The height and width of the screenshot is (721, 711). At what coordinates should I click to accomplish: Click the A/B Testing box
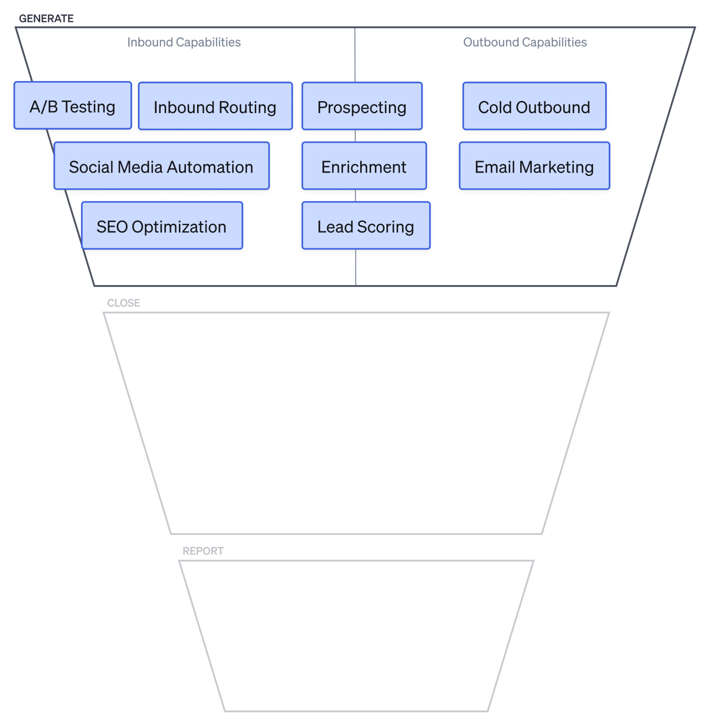point(73,105)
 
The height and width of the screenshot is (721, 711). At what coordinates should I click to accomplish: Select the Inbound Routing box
point(215,106)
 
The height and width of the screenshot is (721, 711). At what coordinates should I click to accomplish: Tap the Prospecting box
point(361,106)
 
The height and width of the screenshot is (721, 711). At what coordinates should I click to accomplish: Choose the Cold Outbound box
point(534,106)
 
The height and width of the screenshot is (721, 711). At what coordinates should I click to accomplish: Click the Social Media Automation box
point(161,166)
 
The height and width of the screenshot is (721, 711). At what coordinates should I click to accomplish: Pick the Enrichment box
point(364,166)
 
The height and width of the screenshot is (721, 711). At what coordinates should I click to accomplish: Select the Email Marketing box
point(534,166)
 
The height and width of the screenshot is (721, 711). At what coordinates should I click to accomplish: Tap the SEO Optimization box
point(162,225)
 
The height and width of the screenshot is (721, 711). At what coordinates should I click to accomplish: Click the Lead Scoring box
point(365,225)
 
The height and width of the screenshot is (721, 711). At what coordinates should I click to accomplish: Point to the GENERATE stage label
point(46,18)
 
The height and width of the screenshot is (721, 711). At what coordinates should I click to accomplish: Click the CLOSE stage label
point(124,303)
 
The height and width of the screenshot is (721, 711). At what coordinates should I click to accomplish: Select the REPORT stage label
point(203,551)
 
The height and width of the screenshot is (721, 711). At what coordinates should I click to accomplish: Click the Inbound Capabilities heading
point(184,42)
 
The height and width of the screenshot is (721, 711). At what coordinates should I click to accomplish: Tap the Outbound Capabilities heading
point(524,42)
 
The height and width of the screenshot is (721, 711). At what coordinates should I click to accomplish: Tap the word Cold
point(495,107)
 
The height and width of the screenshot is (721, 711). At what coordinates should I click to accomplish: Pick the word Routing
point(247,107)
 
